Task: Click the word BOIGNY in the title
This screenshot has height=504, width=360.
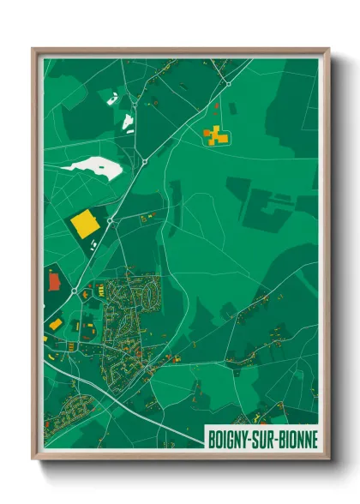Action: click(228, 438)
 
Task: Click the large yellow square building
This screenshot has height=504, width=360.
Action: click(84, 224)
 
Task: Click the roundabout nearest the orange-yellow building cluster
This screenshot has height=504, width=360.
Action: click(228, 84)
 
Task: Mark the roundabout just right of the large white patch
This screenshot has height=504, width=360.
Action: click(146, 161)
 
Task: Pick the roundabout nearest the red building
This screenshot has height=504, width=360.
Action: click(75, 291)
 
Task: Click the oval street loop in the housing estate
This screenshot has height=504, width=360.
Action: click(147, 296)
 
